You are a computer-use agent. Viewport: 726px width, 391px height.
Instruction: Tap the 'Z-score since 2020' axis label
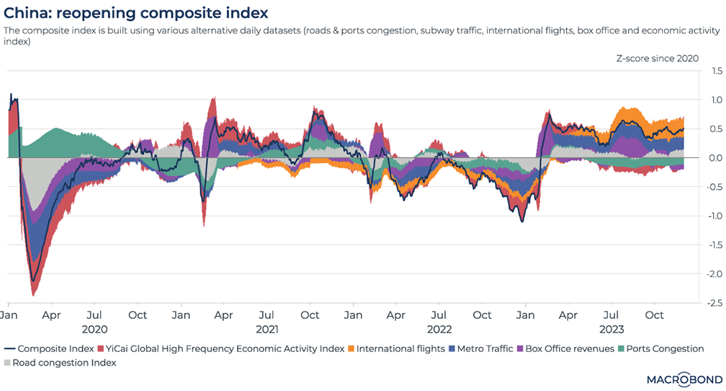tap(657, 58)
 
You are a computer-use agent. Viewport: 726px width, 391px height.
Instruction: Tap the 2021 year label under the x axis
tap(266, 329)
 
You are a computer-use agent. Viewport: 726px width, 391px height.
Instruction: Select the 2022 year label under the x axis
tap(439, 329)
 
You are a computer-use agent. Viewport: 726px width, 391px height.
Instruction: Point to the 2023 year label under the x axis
tap(611, 329)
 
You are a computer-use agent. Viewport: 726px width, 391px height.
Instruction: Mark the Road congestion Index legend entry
tap(64, 363)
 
